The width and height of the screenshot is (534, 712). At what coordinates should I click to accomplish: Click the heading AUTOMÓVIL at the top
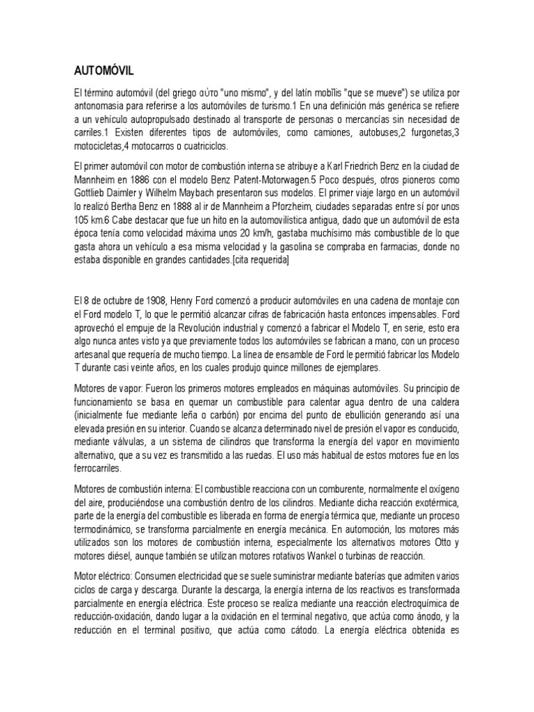point(104,70)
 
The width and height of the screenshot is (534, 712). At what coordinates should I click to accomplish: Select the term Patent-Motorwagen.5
point(285,181)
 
